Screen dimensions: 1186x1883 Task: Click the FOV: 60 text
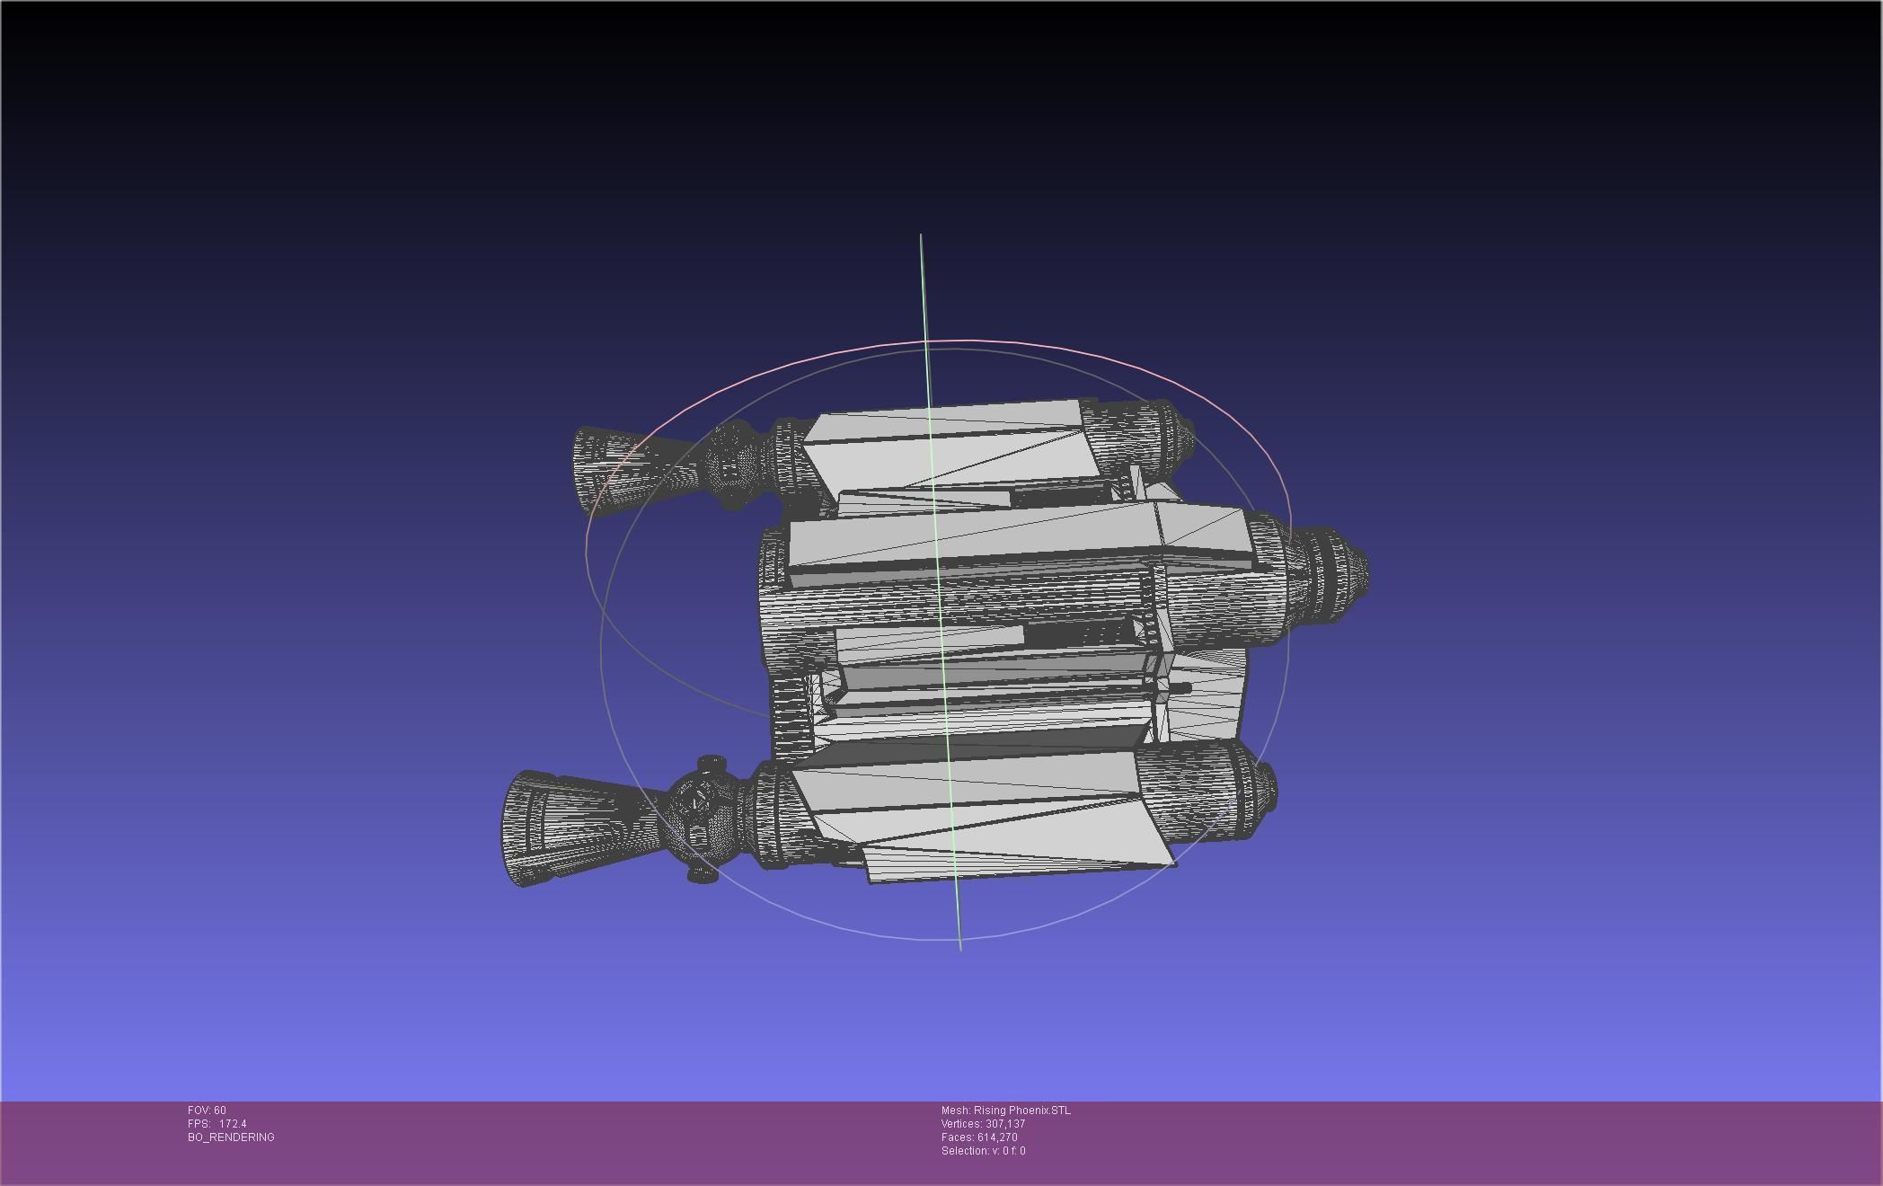tap(207, 1111)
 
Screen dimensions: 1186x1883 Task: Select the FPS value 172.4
tap(232, 1124)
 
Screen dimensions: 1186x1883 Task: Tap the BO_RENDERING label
tap(231, 1137)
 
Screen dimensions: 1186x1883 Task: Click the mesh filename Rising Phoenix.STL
tap(1021, 1111)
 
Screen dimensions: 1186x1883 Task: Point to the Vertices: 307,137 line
tap(983, 1124)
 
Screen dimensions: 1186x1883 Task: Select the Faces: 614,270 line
tap(979, 1137)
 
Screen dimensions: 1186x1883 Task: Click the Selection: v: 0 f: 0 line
tap(983, 1151)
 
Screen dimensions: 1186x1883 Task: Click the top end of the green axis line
tap(921, 235)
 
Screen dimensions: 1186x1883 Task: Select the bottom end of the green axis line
tap(960, 949)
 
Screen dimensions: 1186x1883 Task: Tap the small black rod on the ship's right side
tap(1181, 688)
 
